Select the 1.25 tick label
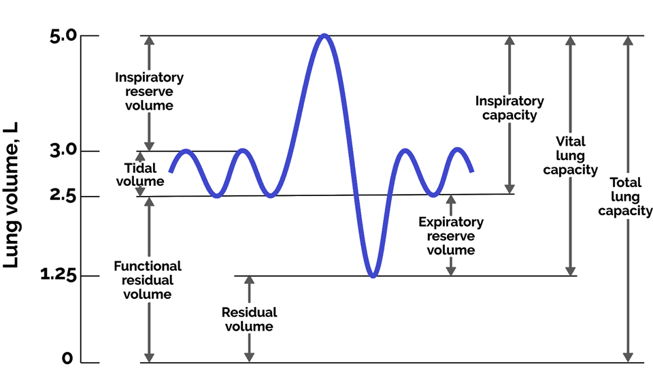click(57, 276)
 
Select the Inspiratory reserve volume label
click(149, 91)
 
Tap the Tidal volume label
click(140, 174)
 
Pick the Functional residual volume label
click(148, 280)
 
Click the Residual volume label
click(250, 319)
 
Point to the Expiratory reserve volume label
click(451, 235)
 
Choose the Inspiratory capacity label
click(509, 108)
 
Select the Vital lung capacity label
click(570, 156)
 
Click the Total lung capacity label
click(625, 197)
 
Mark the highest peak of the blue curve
click(324, 35)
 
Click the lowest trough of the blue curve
click(372, 275)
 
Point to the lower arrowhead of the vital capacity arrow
click(570, 271)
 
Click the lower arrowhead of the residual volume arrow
click(250, 357)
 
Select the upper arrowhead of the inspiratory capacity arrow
click(509, 40)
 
